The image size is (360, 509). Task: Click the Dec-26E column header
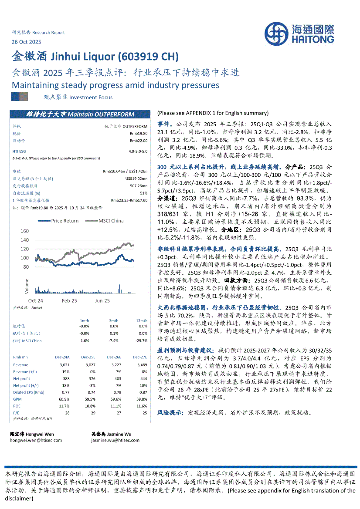115,357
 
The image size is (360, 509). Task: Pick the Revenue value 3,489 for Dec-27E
142,364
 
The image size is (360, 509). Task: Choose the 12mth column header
142,320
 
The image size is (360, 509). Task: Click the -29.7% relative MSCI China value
141,340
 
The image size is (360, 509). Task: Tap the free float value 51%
143,193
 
